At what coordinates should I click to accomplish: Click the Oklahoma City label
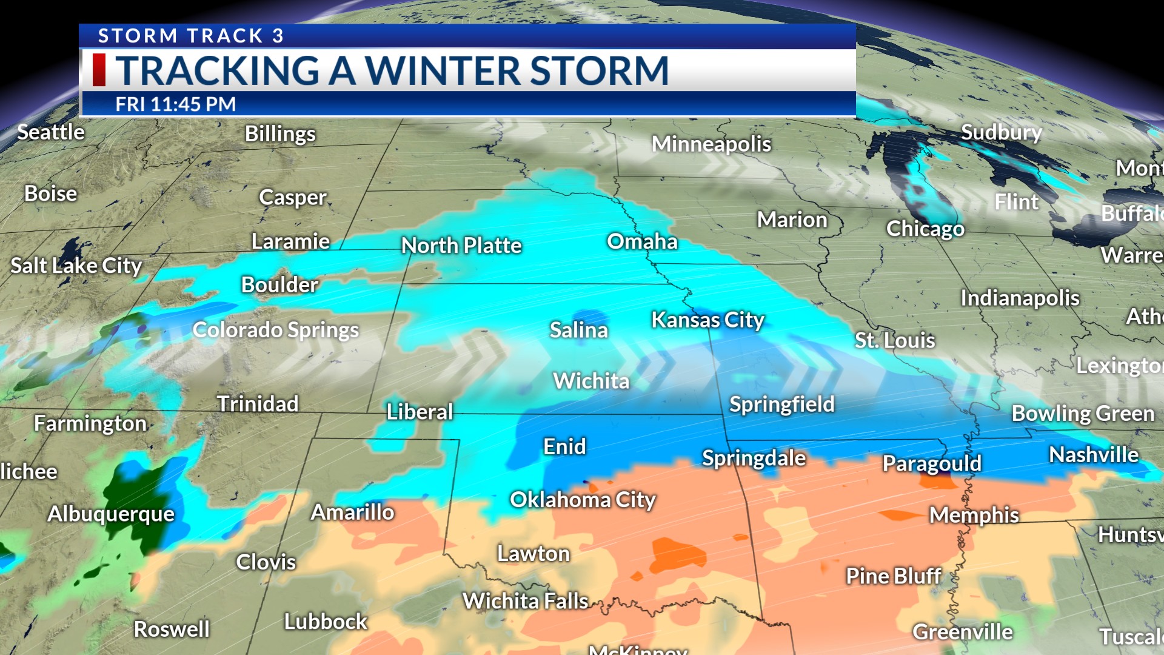pyautogui.click(x=583, y=500)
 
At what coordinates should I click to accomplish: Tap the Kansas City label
pyautogui.click(x=707, y=320)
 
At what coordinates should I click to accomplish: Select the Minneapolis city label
pyautogui.click(x=711, y=144)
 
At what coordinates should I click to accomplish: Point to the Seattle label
pyautogui.click(x=51, y=132)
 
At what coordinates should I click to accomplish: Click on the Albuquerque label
pyautogui.click(x=111, y=514)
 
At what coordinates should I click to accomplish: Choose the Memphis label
pyautogui.click(x=974, y=515)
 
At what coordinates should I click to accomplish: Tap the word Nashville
pyautogui.click(x=1094, y=455)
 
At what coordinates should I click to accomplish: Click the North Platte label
pyautogui.click(x=461, y=246)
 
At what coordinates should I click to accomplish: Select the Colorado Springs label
pyautogui.click(x=276, y=330)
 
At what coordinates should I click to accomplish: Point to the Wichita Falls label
pyautogui.click(x=525, y=601)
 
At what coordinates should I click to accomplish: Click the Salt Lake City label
pyautogui.click(x=76, y=266)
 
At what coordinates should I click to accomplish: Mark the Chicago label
pyautogui.click(x=925, y=229)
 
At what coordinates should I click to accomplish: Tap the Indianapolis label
pyautogui.click(x=1020, y=298)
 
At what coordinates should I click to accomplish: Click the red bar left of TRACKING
pyautogui.click(x=99, y=70)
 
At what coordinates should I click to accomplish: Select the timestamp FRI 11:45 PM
pyautogui.click(x=176, y=104)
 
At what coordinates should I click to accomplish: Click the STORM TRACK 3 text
pyautogui.click(x=191, y=36)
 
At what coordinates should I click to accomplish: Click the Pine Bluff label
pyautogui.click(x=894, y=576)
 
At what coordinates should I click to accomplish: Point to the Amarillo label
pyautogui.click(x=352, y=512)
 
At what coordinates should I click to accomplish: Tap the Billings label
pyautogui.click(x=280, y=134)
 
